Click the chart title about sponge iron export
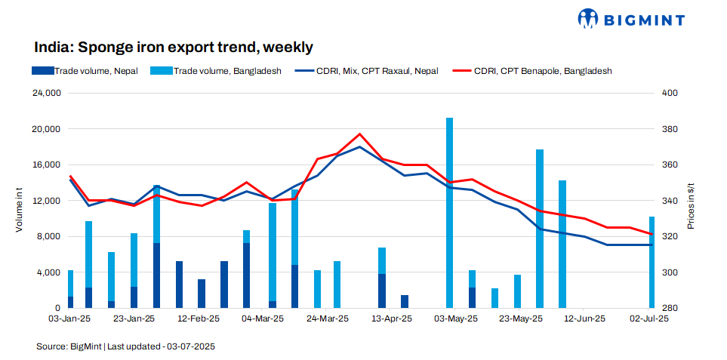[x=174, y=47]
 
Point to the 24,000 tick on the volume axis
[x=45, y=94]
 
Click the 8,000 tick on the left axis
[x=47, y=237]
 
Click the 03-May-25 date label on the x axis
[x=456, y=319]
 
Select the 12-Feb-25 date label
[x=199, y=319]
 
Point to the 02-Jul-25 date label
[x=648, y=319]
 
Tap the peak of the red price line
[x=360, y=134]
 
